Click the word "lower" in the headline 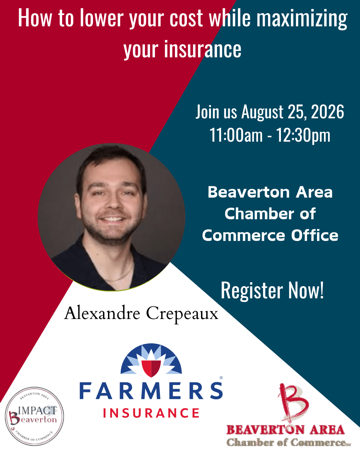pyautogui.click(x=102, y=18)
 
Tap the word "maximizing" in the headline pyautogui.click(x=302, y=19)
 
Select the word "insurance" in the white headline pyautogui.click(x=203, y=49)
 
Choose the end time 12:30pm pyautogui.click(x=303, y=136)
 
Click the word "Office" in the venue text pyautogui.click(x=315, y=235)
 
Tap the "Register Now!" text pyautogui.click(x=272, y=291)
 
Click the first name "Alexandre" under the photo pyautogui.click(x=102, y=313)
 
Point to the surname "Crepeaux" pyautogui.click(x=182, y=315)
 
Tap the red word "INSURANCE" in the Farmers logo pyautogui.click(x=151, y=413)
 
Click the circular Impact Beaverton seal pyautogui.click(x=34, y=416)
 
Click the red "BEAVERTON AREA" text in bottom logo pyautogui.click(x=286, y=430)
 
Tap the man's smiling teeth pyautogui.click(x=113, y=219)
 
